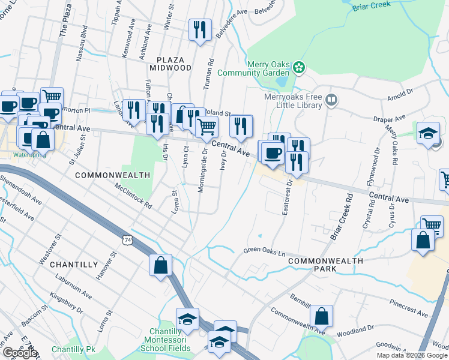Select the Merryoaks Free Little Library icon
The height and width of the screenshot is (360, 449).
point(331,98)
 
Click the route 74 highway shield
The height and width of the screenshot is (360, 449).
point(126,240)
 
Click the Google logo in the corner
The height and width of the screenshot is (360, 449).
point(20,353)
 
